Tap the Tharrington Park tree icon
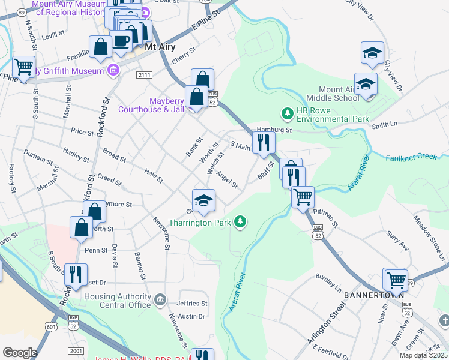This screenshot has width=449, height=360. (240, 223)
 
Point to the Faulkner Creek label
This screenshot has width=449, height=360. (410, 157)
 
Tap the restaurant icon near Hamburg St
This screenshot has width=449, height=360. (263, 142)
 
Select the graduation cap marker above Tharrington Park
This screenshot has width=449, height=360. (203, 200)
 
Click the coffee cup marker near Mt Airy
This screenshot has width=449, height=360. (121, 41)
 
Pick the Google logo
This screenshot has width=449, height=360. (20, 352)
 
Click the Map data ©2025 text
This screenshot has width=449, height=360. (424, 355)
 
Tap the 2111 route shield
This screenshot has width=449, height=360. (145, 74)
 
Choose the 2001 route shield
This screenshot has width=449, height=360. (76, 350)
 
